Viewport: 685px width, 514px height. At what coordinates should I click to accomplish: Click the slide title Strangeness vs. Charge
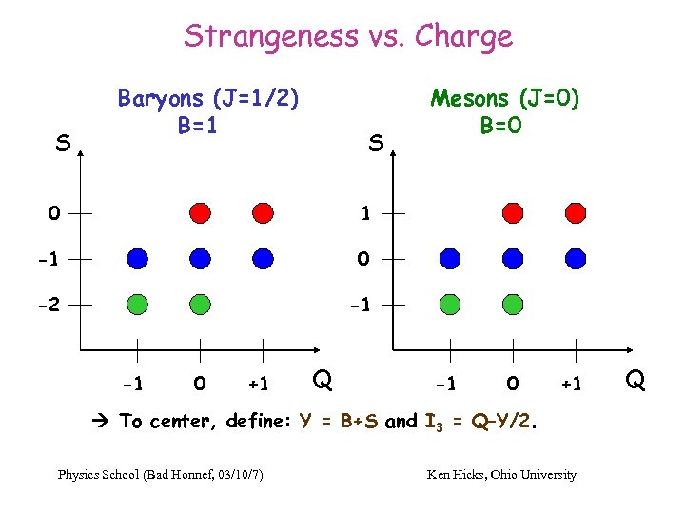coord(348,36)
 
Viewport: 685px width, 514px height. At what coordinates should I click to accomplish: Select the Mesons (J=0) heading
coord(505,99)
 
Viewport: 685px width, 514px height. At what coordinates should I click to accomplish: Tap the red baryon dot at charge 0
coord(200,212)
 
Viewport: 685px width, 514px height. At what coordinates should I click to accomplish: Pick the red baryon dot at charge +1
coord(263,212)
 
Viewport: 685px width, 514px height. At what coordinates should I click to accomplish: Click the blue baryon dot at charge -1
coord(137,258)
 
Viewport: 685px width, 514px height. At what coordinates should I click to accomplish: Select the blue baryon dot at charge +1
coord(263,258)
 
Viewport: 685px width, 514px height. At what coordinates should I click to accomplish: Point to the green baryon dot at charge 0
coord(200,304)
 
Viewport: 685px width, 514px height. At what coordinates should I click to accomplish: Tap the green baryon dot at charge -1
coord(137,304)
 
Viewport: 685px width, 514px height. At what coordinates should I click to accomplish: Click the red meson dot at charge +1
coord(575,212)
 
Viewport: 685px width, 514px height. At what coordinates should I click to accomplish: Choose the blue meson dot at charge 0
coord(513,258)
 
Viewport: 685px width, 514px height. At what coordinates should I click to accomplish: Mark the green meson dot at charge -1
coord(450,304)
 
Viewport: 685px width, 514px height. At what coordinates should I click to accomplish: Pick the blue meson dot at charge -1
coord(450,258)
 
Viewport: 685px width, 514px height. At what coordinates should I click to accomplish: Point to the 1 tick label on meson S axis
coord(365,213)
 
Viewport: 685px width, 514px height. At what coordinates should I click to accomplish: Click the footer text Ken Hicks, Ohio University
coord(501,474)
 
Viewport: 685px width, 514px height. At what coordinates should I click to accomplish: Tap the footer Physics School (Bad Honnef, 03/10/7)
coord(161,474)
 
